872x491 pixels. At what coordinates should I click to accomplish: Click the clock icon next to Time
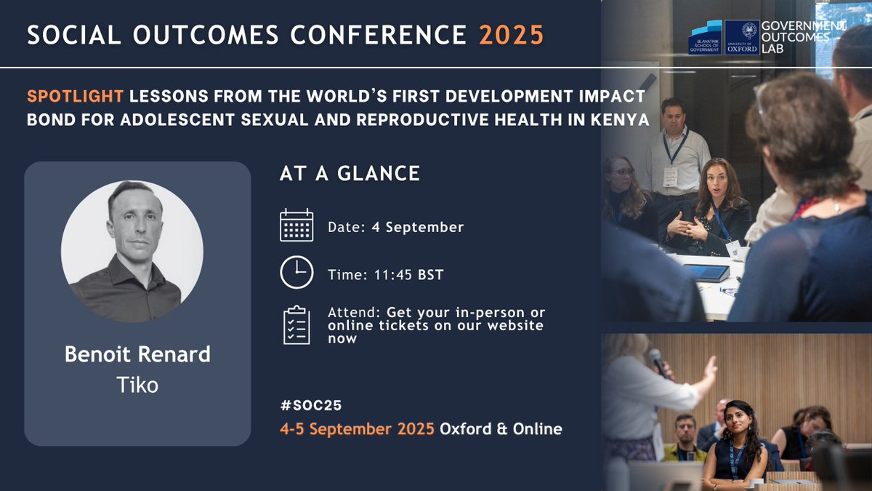point(296,273)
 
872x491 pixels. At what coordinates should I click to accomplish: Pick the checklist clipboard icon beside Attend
point(296,324)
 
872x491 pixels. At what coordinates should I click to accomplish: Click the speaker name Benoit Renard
point(137,354)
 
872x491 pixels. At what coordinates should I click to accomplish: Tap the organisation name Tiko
point(137,384)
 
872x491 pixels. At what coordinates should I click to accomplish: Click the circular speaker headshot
point(132,252)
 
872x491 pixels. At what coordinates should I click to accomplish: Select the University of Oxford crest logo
point(741,37)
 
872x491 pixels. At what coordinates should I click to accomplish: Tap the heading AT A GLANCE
point(350,173)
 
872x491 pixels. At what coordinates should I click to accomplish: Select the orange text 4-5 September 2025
point(357,428)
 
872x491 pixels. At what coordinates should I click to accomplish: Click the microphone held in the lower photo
point(658,361)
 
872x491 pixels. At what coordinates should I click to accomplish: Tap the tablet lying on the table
point(706,272)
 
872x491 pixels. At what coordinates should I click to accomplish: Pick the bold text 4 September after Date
point(424,227)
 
